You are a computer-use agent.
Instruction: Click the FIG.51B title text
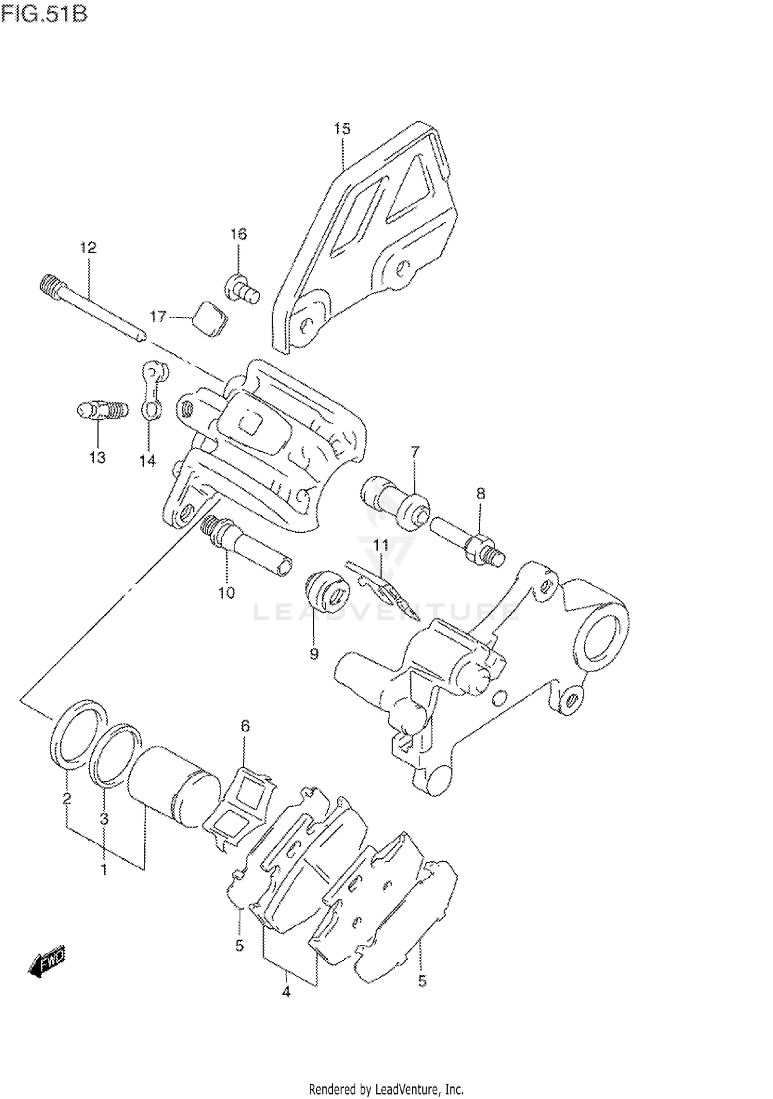click(x=44, y=14)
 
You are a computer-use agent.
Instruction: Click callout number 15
click(x=342, y=128)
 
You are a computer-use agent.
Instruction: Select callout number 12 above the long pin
click(x=88, y=248)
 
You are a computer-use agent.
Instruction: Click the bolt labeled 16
click(x=241, y=289)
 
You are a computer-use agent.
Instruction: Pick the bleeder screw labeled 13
click(x=102, y=411)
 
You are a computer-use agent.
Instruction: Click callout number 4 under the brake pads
click(x=287, y=991)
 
